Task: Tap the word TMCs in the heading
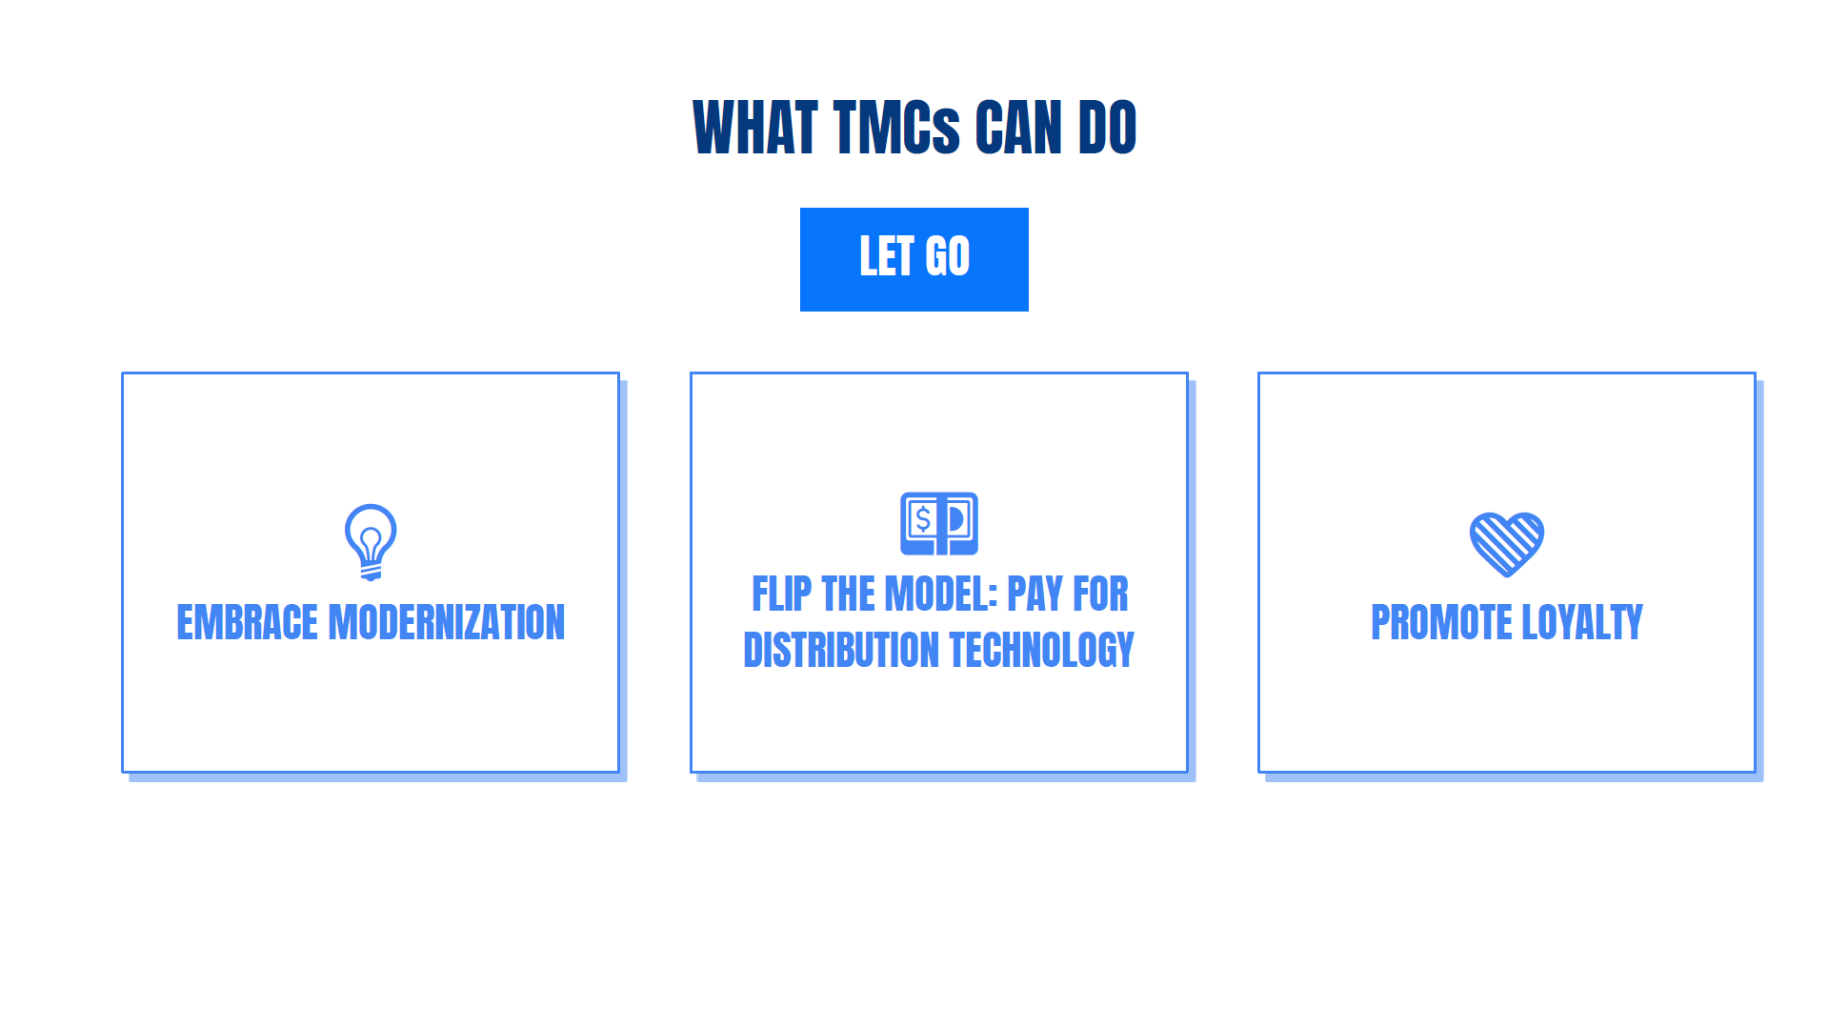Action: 896,128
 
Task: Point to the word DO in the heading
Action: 1107,128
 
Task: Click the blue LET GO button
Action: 914,259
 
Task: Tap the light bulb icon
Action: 371,542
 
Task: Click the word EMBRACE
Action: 248,623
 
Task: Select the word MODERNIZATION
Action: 447,623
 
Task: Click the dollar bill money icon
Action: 939,523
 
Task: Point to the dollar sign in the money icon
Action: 922,519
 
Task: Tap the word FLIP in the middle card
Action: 782,595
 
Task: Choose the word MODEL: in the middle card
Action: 941,595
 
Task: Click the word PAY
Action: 1035,595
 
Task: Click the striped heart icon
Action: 1507,544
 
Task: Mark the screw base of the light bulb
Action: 371,572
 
